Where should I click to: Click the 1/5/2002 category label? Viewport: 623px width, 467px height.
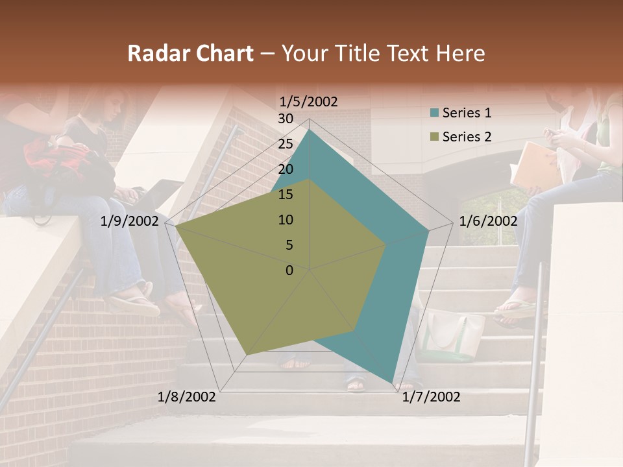[309, 101]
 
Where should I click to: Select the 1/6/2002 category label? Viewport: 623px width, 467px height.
[488, 221]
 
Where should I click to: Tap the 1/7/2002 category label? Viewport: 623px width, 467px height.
[431, 396]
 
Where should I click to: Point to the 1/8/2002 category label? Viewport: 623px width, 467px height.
[187, 396]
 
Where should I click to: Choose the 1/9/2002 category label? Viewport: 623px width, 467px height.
[130, 221]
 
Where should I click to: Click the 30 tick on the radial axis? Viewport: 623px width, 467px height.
[286, 119]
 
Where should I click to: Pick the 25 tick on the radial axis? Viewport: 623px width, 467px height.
[286, 144]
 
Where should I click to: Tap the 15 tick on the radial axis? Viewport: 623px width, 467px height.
[286, 195]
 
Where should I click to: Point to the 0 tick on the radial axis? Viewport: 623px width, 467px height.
[289, 270]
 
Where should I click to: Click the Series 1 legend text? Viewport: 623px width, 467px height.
[467, 113]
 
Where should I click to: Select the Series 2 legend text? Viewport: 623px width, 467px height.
[467, 136]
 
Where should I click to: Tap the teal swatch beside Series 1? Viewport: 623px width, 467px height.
[434, 114]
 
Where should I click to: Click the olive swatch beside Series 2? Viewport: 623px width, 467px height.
[434, 137]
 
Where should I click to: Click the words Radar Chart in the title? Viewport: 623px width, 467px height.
[190, 54]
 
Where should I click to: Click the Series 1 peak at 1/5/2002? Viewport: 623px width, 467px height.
[310, 130]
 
